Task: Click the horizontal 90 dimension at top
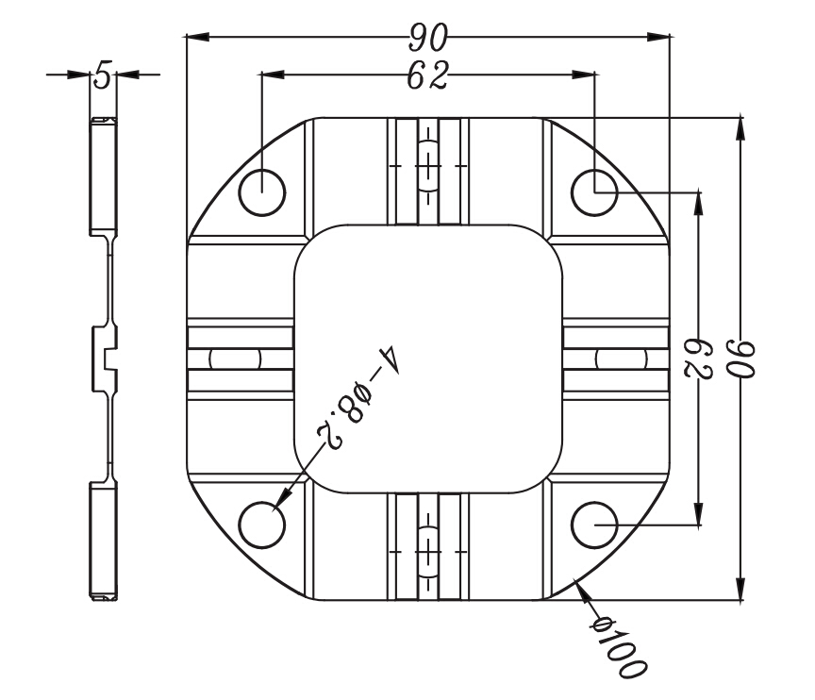(427, 38)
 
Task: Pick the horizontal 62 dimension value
(427, 75)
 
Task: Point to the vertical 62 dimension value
(699, 358)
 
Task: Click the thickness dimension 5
(104, 75)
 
